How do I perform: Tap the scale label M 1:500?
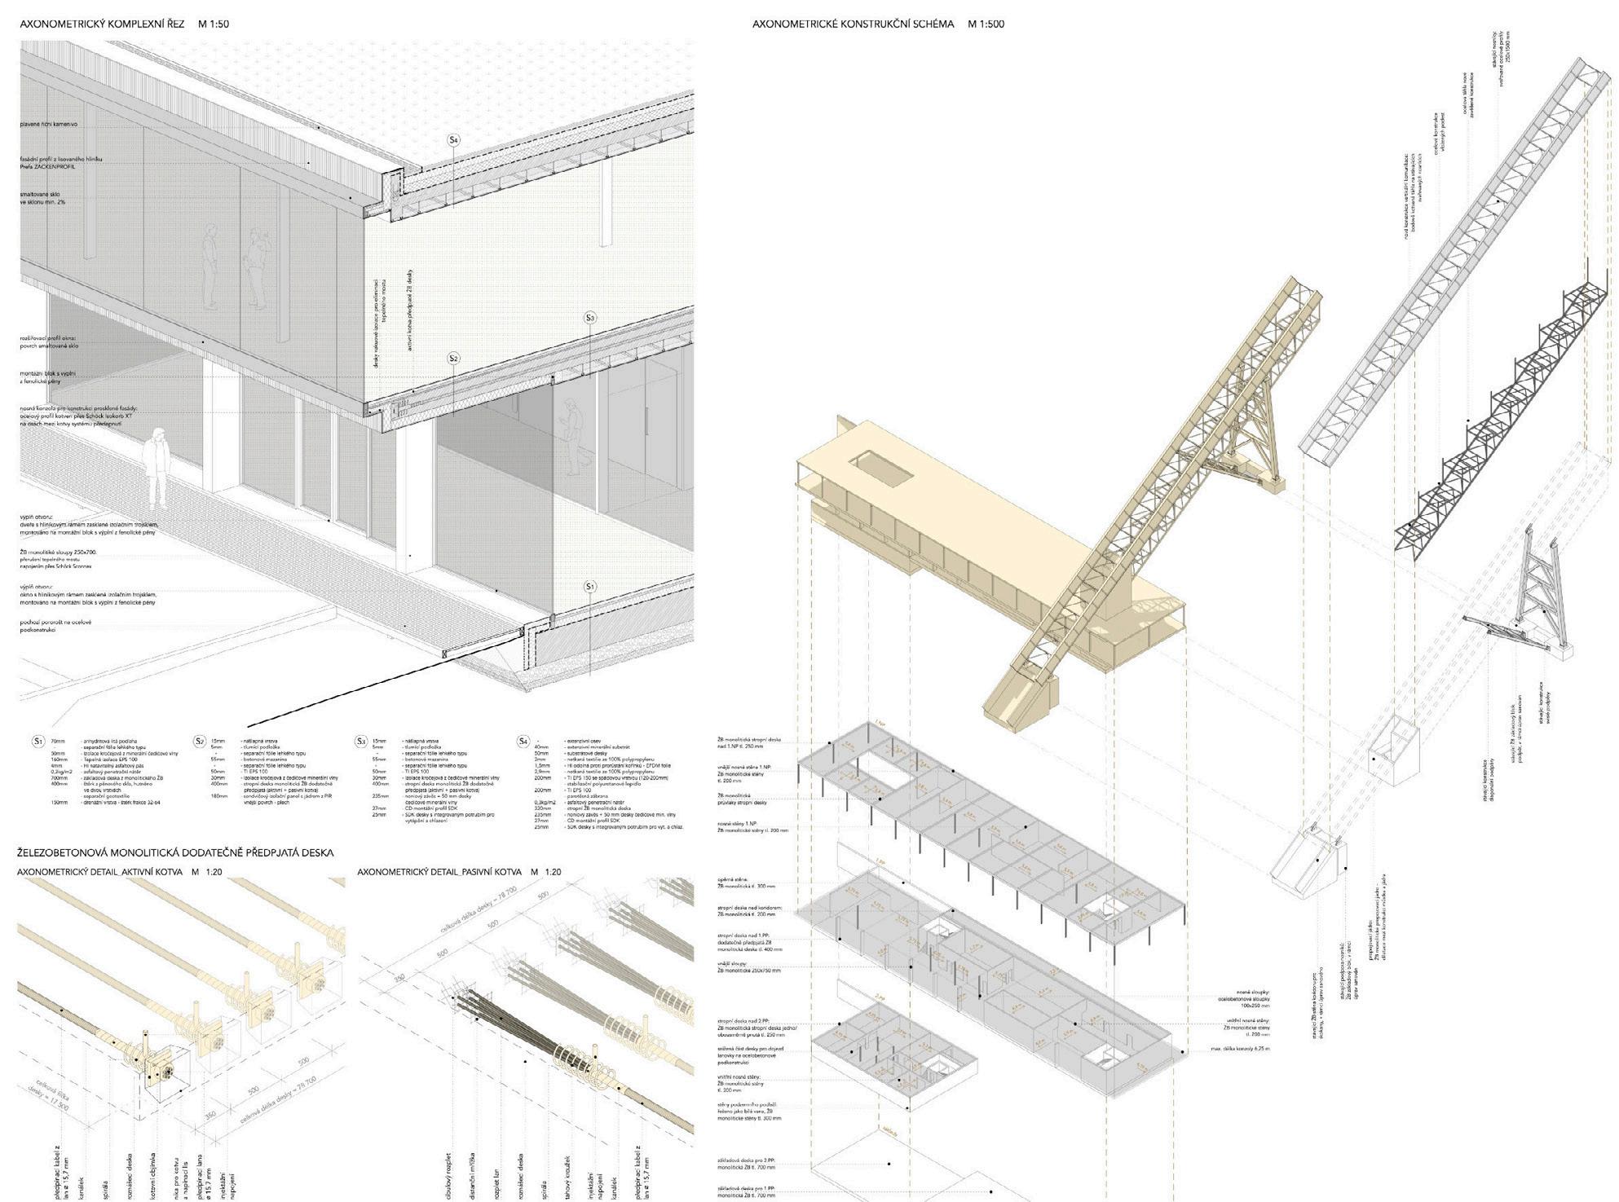pos(986,24)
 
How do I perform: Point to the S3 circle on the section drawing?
pos(591,318)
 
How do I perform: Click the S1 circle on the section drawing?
pos(591,587)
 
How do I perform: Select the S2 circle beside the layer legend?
pos(200,741)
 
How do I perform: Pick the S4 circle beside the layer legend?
pos(524,741)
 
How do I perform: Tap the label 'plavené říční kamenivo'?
pos(49,124)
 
